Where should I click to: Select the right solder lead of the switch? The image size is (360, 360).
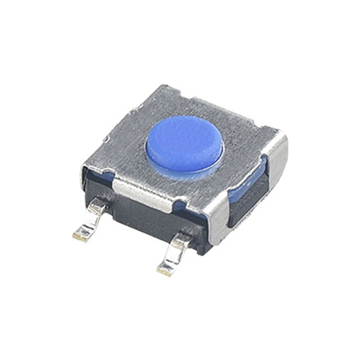click(175, 253)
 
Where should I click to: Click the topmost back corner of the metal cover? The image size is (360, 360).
click(157, 86)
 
